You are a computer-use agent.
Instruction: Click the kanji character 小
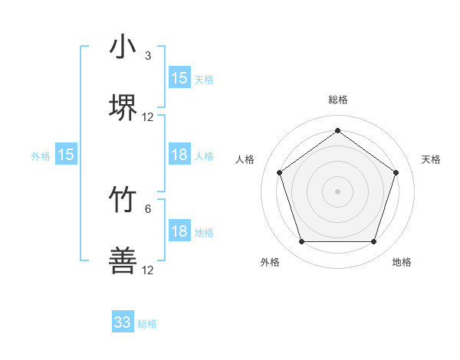(123, 47)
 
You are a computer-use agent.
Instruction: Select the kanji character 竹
(123, 201)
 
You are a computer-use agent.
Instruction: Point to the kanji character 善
(123, 262)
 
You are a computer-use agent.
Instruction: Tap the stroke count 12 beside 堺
(148, 117)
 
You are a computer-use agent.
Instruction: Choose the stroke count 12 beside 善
(148, 270)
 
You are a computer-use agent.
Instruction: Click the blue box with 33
(123, 322)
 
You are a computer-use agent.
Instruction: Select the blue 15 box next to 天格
(179, 78)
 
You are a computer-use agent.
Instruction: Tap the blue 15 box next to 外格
(66, 155)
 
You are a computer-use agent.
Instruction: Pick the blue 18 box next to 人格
(179, 155)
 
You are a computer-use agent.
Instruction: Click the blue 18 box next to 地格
(179, 232)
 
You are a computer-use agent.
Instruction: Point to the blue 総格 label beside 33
(147, 324)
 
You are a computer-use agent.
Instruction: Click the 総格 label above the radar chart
(337, 100)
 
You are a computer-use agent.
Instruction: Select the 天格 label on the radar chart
(431, 159)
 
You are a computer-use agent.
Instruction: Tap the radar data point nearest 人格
(280, 172)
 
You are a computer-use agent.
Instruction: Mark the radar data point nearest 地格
(373, 242)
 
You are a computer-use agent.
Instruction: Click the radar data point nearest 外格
(301, 242)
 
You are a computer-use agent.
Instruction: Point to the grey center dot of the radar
(337, 191)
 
